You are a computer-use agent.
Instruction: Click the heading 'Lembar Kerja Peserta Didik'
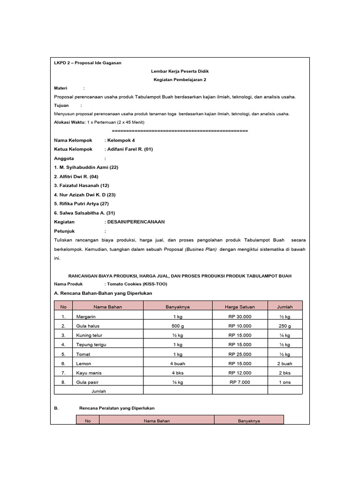pos(180,71)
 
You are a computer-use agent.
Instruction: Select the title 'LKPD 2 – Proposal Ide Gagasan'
pos(88,63)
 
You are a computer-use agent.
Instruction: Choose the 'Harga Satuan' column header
pos(240,307)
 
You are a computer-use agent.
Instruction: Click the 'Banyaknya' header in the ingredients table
pos(178,307)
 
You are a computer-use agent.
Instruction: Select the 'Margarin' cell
pos(86,317)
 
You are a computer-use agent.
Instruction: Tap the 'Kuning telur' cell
pos(89,336)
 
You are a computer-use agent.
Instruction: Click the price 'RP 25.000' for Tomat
pos(240,354)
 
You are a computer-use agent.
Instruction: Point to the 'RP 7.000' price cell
pos(240,382)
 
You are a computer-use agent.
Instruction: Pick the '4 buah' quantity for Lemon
pos(178,364)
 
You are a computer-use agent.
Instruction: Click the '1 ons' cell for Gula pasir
pos(285,382)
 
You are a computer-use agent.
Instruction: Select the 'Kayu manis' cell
pos(88,373)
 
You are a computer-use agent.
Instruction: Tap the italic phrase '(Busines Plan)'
pos(201,249)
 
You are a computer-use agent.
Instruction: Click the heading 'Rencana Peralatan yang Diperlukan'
pos(117,408)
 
